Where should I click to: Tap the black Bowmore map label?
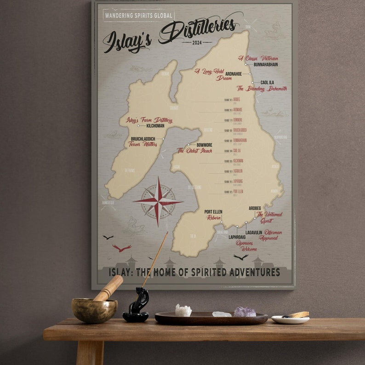click(204, 145)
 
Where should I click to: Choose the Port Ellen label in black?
click(213, 212)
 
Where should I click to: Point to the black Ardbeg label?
click(255, 208)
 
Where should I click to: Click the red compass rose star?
click(158, 201)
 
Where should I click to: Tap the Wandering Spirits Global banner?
click(139, 15)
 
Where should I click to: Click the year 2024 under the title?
click(197, 42)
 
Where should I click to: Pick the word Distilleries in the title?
click(199, 29)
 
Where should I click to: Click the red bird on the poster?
click(122, 248)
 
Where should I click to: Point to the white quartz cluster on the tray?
click(183, 311)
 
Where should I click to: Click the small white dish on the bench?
click(290, 319)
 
